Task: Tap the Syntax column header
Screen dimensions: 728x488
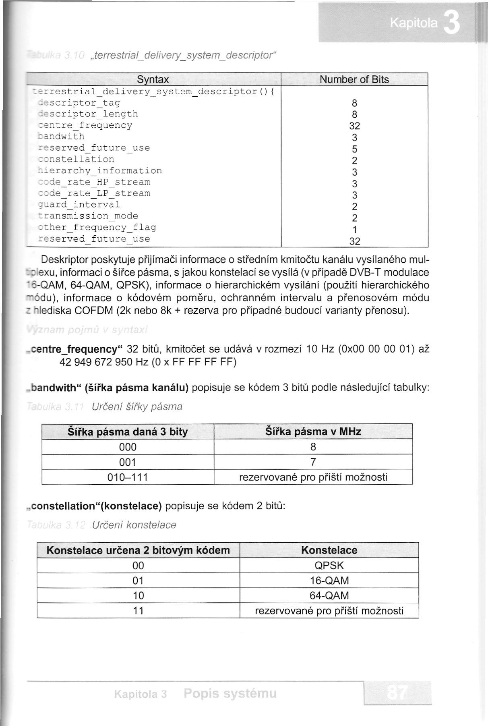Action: click(153, 79)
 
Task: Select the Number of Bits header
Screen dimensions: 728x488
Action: click(354, 79)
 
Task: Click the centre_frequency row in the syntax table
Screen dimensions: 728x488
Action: click(85, 125)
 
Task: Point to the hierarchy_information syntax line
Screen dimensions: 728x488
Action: click(99, 171)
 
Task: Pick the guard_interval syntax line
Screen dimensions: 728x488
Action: click(79, 205)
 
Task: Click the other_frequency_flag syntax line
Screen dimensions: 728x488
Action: click(97, 227)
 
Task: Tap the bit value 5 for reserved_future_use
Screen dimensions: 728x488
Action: click(354, 149)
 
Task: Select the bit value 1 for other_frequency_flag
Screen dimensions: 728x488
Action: click(354, 230)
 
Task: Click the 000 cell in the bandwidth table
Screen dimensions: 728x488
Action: click(128, 447)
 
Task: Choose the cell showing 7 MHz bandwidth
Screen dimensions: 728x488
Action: click(313, 462)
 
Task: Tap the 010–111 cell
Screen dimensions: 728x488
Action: click(128, 477)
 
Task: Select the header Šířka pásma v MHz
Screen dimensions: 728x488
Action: click(313, 431)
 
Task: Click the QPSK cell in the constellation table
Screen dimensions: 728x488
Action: click(329, 565)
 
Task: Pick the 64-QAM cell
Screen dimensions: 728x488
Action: click(329, 595)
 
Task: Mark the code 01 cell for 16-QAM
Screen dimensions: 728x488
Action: click(138, 581)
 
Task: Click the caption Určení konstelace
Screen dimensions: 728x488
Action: click(134, 525)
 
